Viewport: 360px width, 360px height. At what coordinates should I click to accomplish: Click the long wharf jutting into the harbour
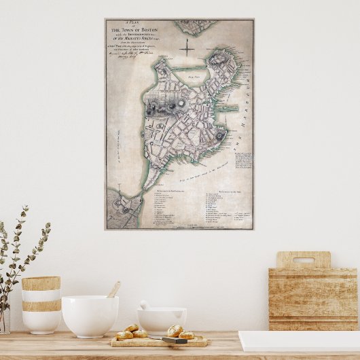tap(230, 108)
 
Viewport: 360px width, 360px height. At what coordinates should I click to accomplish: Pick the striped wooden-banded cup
tap(41, 304)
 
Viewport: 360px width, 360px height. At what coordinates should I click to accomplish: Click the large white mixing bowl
tap(90, 316)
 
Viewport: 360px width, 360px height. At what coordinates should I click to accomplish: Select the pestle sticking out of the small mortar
tap(144, 305)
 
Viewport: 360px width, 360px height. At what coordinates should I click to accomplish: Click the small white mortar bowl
tap(162, 319)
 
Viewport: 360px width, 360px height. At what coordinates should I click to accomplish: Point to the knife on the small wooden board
tap(174, 340)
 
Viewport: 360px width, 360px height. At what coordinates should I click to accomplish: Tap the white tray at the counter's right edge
tap(299, 341)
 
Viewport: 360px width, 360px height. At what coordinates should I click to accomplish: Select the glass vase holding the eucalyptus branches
tap(4, 319)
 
